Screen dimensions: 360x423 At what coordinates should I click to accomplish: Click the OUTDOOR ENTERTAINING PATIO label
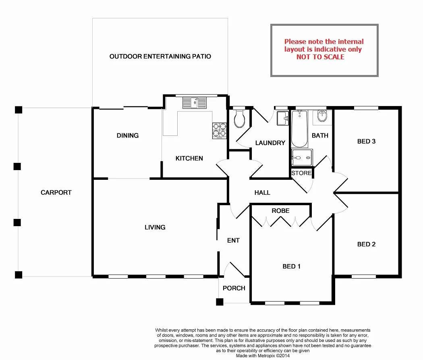click(160, 56)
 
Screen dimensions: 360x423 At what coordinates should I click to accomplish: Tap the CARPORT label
click(56, 193)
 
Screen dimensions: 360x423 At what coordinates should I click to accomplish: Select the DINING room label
click(128, 135)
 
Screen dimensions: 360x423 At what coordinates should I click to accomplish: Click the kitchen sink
click(194, 103)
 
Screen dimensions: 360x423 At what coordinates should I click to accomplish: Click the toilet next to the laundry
click(239, 119)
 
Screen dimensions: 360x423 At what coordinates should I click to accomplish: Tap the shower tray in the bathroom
click(302, 157)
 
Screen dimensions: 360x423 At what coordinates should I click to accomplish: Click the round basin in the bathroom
click(322, 116)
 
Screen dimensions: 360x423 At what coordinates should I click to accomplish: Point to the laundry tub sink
click(283, 118)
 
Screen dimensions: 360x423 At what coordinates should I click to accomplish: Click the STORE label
click(301, 173)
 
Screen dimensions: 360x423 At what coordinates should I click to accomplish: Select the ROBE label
click(280, 211)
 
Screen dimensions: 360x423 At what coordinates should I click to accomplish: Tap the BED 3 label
click(366, 142)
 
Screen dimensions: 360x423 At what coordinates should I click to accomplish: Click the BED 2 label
click(366, 244)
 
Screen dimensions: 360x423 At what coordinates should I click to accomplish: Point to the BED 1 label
click(291, 266)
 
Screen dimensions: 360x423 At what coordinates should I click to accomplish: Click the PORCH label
click(234, 288)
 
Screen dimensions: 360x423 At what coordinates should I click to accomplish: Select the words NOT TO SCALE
click(320, 57)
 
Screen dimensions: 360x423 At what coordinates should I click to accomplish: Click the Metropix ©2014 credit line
click(263, 356)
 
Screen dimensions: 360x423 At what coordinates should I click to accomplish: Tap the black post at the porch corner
click(220, 302)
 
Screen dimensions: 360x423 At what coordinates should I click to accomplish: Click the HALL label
click(262, 193)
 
